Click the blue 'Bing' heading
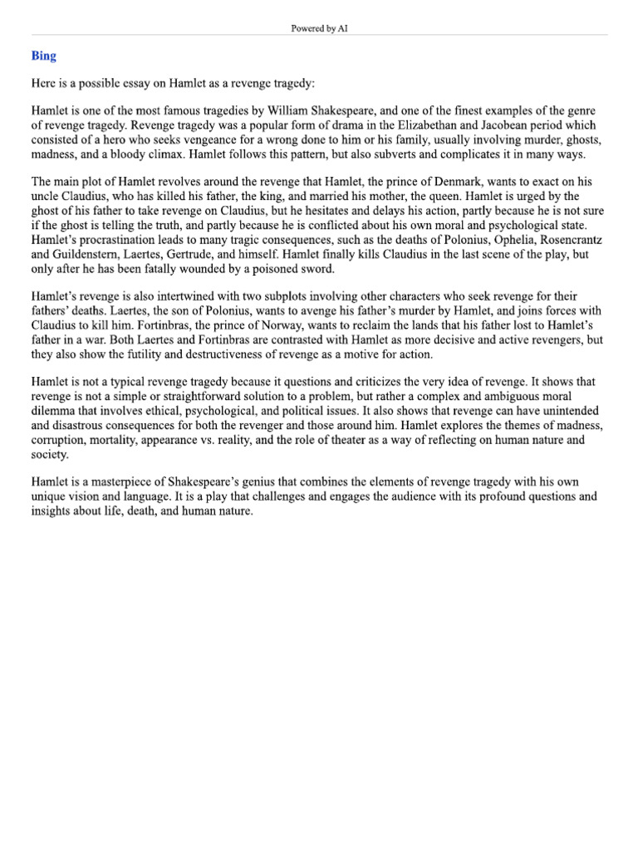pyautogui.click(x=44, y=56)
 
